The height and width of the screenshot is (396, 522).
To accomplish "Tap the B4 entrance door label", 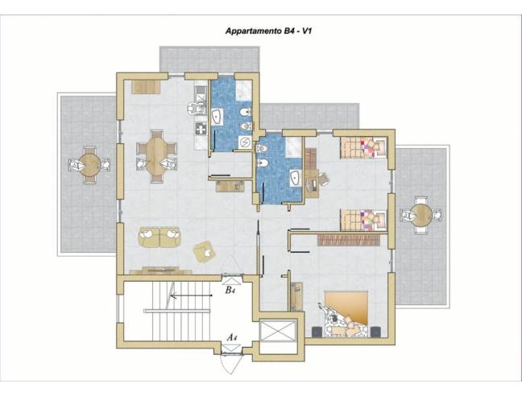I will [230, 289].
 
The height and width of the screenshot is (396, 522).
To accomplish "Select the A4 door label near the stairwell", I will [231, 337].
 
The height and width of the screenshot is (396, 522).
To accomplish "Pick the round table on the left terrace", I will [90, 164].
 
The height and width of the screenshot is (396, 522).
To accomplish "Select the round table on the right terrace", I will [421, 214].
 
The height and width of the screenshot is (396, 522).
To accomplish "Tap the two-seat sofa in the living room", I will [159, 237].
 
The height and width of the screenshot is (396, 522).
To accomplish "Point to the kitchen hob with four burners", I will [200, 127].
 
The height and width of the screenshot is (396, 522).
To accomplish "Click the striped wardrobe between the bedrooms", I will [348, 239].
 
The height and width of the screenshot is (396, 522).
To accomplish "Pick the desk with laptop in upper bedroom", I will [312, 184].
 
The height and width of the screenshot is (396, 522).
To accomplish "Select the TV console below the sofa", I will [161, 270].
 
